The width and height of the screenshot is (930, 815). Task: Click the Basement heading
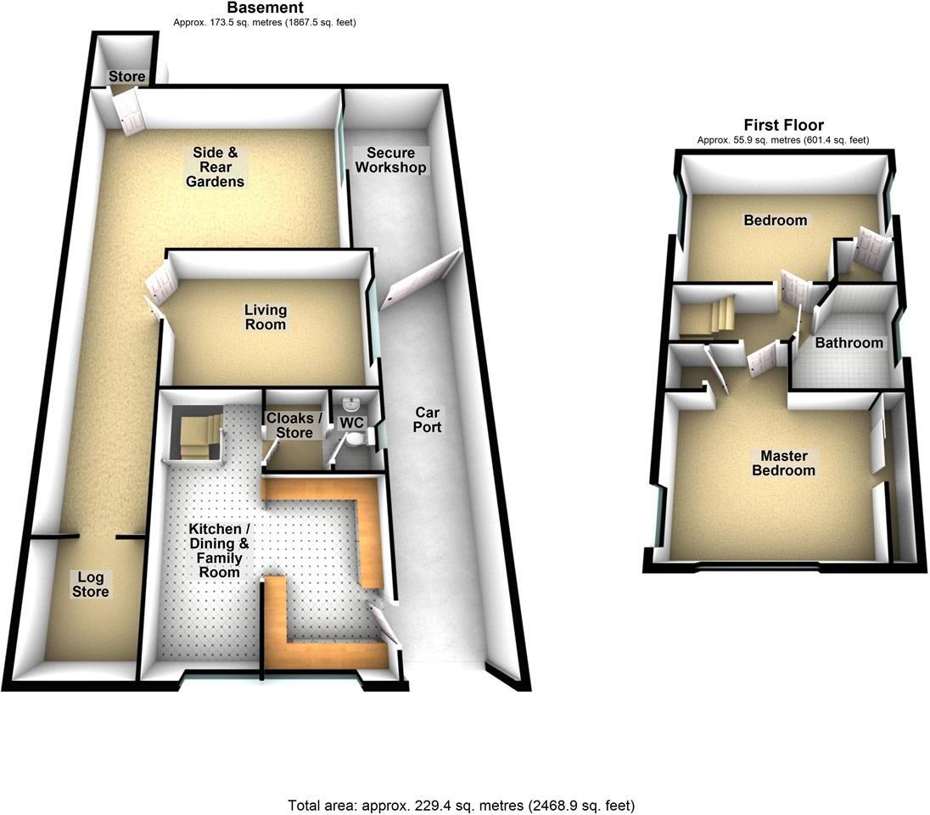click(x=264, y=8)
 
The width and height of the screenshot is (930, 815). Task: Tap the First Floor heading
click(x=783, y=125)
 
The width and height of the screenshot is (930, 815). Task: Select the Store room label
click(x=127, y=77)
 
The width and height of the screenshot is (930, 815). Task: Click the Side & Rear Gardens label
click(x=218, y=167)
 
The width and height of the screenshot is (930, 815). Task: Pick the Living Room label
click(x=266, y=317)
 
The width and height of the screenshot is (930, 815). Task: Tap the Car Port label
click(x=427, y=419)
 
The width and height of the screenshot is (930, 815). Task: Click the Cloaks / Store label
click(x=294, y=425)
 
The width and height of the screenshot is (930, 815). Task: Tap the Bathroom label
click(x=849, y=343)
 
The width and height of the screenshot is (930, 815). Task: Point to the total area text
click(x=462, y=805)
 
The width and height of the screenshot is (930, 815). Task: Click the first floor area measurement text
click(x=783, y=140)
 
